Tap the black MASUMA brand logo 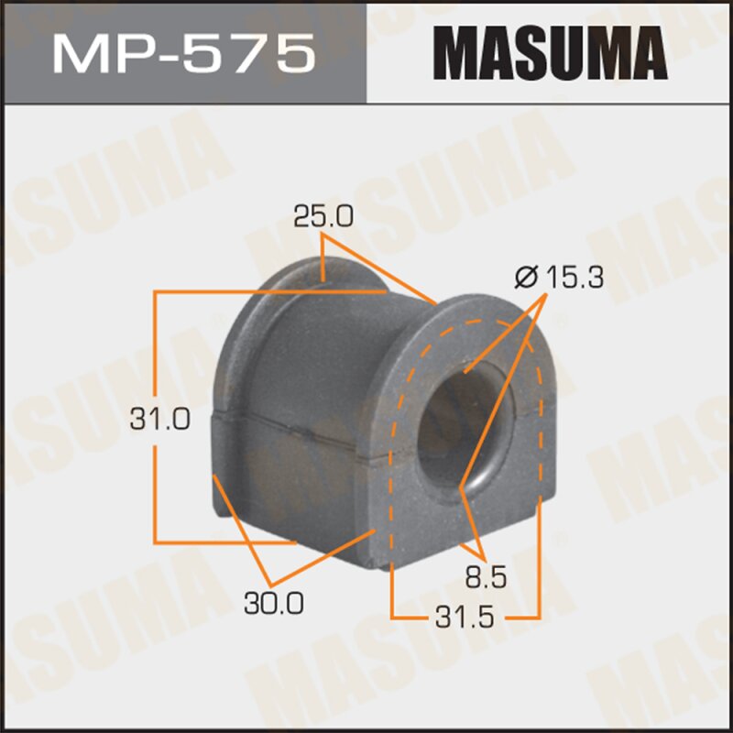point(548,52)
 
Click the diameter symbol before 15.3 point(525,276)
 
